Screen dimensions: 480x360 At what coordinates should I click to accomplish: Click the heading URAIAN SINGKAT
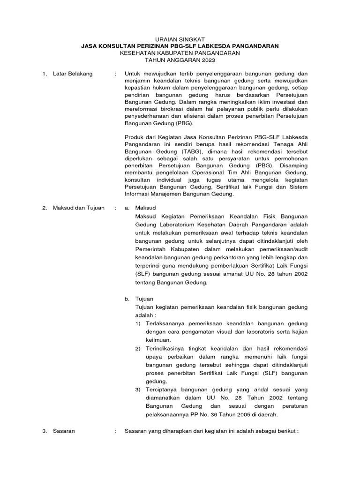click(x=180, y=38)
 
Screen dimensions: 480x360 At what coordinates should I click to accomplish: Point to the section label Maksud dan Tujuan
click(x=79, y=208)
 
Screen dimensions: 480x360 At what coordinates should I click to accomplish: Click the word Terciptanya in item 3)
click(x=160, y=390)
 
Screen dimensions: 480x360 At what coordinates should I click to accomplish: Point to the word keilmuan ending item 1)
click(x=158, y=339)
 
